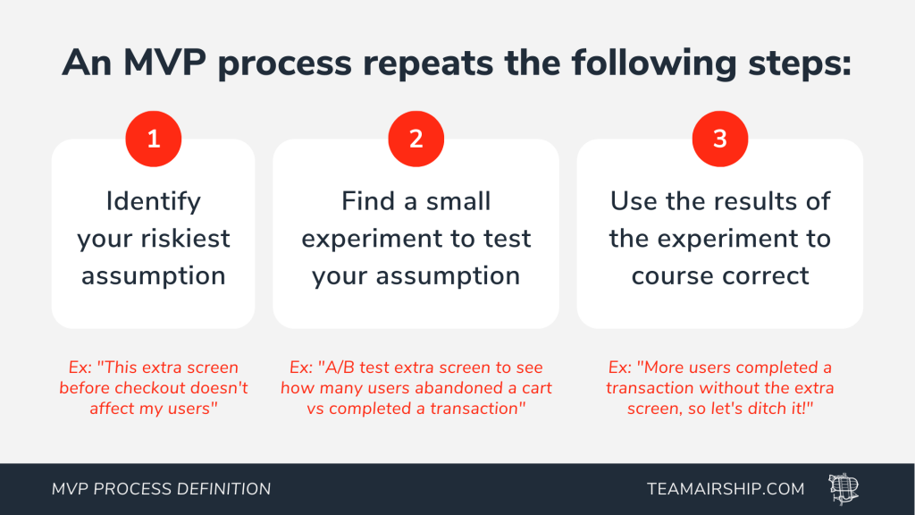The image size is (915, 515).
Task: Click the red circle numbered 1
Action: point(154,139)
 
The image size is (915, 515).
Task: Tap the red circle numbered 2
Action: point(416,139)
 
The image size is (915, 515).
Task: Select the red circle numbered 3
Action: point(720,139)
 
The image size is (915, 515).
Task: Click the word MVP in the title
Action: point(164,63)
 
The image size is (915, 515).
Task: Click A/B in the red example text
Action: point(339,367)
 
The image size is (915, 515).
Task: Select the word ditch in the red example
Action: point(768,408)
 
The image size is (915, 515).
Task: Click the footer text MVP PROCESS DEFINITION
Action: point(161,489)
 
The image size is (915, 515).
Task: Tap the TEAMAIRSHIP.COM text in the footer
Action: point(726,489)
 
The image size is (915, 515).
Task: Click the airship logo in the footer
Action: point(844,489)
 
